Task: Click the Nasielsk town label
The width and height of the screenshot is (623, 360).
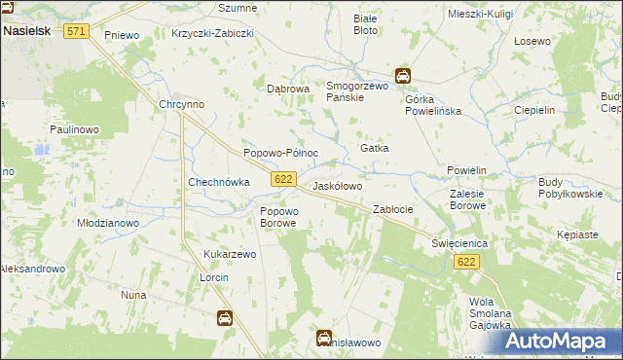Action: click(x=33, y=31)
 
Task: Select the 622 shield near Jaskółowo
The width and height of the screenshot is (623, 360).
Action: click(x=283, y=179)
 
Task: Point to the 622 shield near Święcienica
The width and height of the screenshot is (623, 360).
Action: click(x=466, y=263)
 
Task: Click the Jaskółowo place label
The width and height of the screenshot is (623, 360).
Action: click(x=337, y=186)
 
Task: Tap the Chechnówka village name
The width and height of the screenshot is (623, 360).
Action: click(x=219, y=182)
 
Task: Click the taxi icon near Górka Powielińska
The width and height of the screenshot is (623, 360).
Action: click(x=402, y=76)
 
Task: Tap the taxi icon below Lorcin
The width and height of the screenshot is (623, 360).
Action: click(x=223, y=317)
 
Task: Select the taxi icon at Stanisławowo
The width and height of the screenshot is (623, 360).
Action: click(x=323, y=338)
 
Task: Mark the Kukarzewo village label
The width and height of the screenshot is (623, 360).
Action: click(x=229, y=254)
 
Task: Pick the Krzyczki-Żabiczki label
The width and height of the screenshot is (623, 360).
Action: click(x=212, y=32)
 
